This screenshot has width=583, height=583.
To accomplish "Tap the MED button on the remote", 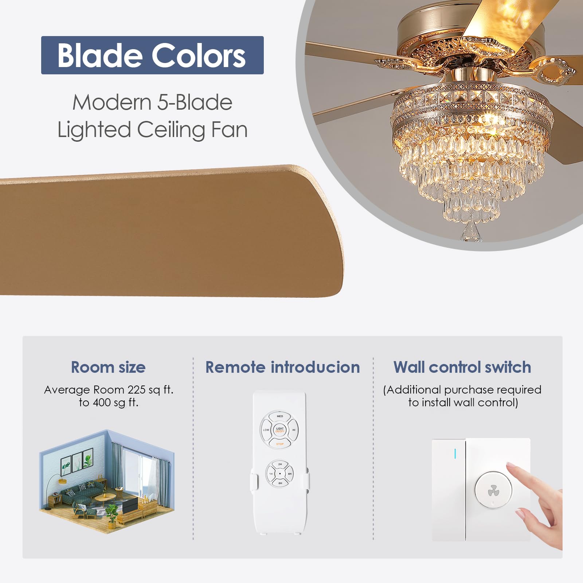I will (x=279, y=416).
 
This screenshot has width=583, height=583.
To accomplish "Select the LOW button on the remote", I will (x=266, y=430).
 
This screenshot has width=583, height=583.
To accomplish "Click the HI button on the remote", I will (x=293, y=430).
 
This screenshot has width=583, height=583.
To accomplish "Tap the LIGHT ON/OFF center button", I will (x=279, y=430).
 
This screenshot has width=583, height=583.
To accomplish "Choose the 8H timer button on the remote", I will (x=280, y=483).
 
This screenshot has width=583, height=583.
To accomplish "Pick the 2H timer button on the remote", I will (x=280, y=465).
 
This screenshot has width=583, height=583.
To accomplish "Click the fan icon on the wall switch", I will (x=493, y=490).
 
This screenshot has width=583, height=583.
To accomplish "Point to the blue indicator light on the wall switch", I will (x=455, y=454).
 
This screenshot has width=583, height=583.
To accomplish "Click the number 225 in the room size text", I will (x=137, y=390).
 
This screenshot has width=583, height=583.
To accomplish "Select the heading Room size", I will (x=108, y=367).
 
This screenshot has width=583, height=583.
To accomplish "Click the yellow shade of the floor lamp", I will (x=62, y=481).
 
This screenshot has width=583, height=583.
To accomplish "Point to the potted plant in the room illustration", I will (x=112, y=516).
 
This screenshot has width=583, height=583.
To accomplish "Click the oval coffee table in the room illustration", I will (x=105, y=498).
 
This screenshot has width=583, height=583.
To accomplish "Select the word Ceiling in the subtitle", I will (x=171, y=130).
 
